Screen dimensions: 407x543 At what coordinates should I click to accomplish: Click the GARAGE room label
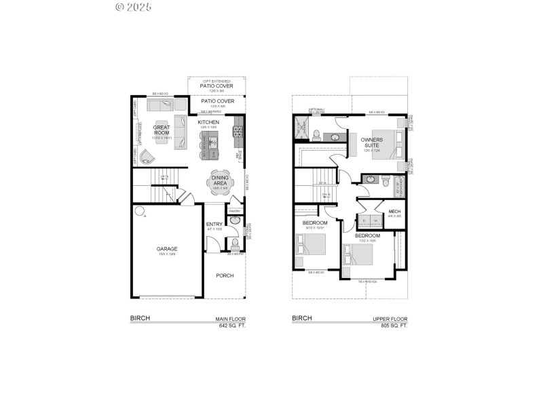click(166, 249)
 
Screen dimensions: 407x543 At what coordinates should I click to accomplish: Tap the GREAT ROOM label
click(161, 130)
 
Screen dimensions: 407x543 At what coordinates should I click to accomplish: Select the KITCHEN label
click(208, 122)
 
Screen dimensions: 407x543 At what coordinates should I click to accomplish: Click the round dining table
click(220, 183)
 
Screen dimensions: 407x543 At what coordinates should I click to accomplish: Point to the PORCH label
click(225, 275)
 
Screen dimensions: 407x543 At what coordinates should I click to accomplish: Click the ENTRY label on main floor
click(214, 224)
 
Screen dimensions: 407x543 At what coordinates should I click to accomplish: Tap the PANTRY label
click(235, 211)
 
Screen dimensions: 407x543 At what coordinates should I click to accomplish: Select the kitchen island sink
click(212, 142)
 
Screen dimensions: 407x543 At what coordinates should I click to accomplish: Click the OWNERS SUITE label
click(372, 142)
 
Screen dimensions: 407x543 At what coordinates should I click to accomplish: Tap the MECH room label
click(394, 212)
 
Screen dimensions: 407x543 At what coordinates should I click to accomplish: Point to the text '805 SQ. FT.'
click(394, 326)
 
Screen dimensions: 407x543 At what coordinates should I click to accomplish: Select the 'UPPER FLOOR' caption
click(391, 318)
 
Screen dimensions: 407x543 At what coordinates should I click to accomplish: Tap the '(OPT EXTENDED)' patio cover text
click(217, 81)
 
